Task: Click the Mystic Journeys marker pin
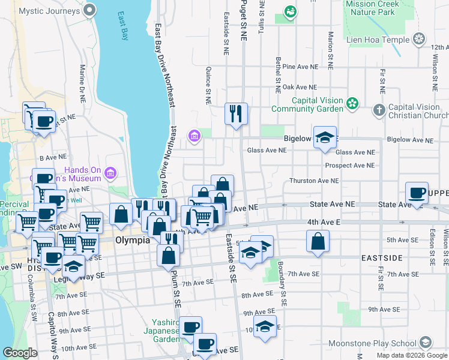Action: click(x=90, y=10)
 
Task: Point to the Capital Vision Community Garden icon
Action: click(x=352, y=104)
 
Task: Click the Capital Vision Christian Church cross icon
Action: click(x=379, y=110)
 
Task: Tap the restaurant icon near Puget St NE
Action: click(x=236, y=113)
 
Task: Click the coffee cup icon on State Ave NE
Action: click(x=417, y=193)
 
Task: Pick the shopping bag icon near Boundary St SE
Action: click(x=318, y=242)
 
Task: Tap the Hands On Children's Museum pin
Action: click(x=110, y=175)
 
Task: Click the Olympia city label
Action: click(x=132, y=240)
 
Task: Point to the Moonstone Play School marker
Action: click(x=425, y=343)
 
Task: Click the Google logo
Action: click(x=20, y=353)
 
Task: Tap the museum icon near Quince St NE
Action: click(x=194, y=136)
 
